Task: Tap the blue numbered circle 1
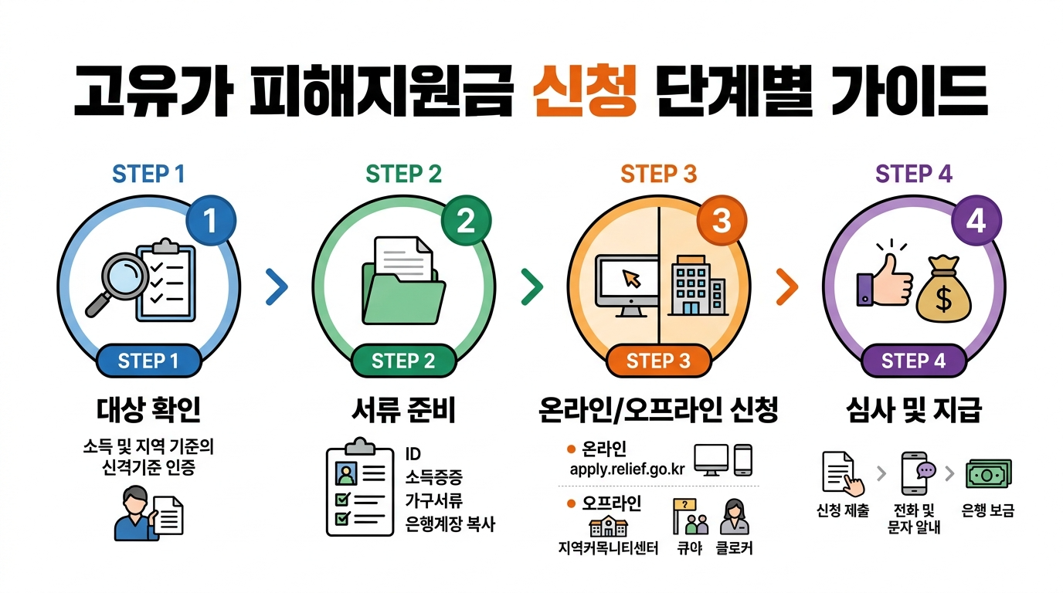coord(210,222)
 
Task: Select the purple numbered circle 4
coord(976,222)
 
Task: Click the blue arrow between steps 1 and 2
coord(276,287)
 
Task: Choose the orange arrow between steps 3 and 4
coord(786,287)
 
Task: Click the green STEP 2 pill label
coord(403,361)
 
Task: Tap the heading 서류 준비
coord(403,410)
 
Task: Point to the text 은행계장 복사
coord(450,524)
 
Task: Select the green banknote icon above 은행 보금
coord(989,473)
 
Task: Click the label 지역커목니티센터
coord(608,549)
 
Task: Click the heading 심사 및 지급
coord(913,410)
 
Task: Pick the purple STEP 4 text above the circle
coord(913,174)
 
